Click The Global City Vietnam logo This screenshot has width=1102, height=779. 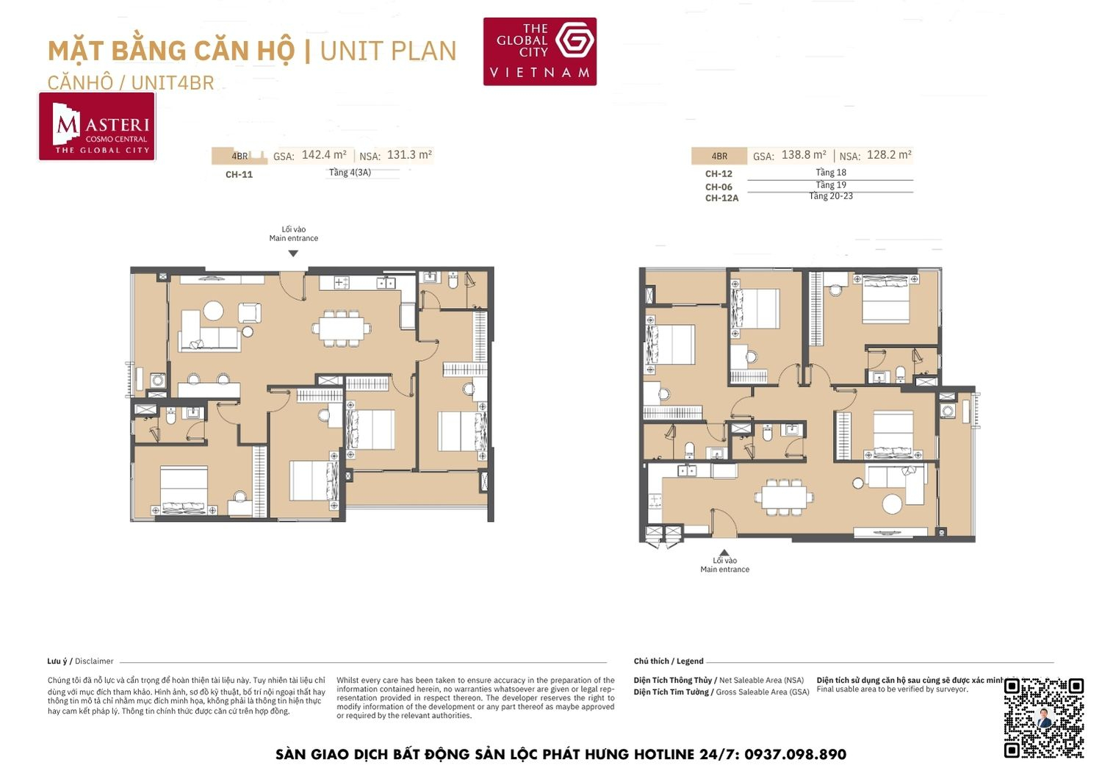[x=539, y=51]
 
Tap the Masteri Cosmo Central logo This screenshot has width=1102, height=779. [x=97, y=126]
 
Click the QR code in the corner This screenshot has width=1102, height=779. [x=1044, y=717]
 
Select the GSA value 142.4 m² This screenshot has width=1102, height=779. [x=324, y=155]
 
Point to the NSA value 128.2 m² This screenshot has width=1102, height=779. [x=889, y=155]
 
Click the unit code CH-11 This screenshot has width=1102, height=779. [x=239, y=175]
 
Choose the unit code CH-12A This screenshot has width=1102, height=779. [x=721, y=198]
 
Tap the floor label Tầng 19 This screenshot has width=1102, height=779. [x=831, y=185]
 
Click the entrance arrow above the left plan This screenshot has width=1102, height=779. [x=293, y=254]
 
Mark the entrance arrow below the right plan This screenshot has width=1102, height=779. [x=724, y=553]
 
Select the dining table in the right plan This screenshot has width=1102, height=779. [x=783, y=496]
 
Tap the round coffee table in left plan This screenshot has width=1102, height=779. [x=213, y=311]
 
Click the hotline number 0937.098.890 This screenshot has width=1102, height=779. [x=795, y=755]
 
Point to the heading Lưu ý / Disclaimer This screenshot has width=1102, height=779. [x=80, y=661]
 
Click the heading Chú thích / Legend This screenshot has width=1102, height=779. [x=669, y=661]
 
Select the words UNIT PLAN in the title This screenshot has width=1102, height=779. [x=388, y=51]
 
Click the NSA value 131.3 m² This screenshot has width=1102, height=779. [x=409, y=155]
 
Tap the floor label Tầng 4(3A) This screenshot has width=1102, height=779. [x=350, y=173]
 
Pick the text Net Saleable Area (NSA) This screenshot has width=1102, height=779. [x=761, y=681]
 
